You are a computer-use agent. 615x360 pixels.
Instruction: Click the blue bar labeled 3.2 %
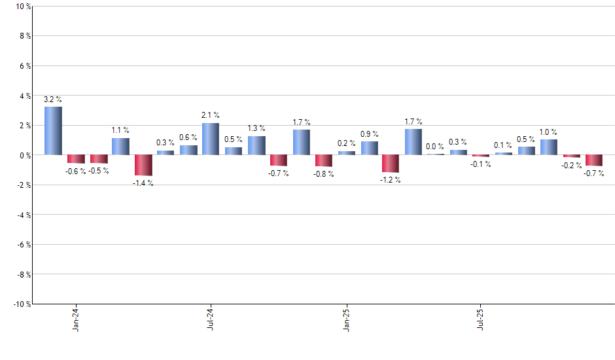coord(53,131)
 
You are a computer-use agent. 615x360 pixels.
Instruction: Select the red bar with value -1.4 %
coord(143,165)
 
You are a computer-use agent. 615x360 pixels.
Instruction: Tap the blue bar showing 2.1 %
coord(211,139)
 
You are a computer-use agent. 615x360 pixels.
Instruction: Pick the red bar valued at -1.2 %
coord(391,164)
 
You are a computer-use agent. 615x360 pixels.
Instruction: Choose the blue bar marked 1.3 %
coord(256,145)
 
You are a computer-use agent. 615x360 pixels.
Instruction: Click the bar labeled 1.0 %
coord(548,147)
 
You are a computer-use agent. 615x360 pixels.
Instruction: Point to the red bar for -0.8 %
coord(324,160)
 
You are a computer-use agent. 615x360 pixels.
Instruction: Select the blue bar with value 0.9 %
coord(370,148)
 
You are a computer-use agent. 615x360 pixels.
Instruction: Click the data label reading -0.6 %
coord(76,171)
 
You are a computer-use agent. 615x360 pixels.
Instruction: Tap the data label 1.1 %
coord(120,130)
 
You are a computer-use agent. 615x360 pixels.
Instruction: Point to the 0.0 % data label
coord(435,147)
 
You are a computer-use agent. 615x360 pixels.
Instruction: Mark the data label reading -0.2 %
coord(572,166)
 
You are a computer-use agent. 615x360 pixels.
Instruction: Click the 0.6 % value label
coord(188,137)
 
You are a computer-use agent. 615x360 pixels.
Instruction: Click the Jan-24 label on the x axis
coord(77,319)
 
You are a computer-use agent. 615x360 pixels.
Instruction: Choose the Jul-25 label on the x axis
coord(482,319)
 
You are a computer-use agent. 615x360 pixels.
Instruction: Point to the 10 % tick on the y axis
coord(22,7)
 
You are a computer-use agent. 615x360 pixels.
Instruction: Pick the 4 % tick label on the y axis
coord(24,96)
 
